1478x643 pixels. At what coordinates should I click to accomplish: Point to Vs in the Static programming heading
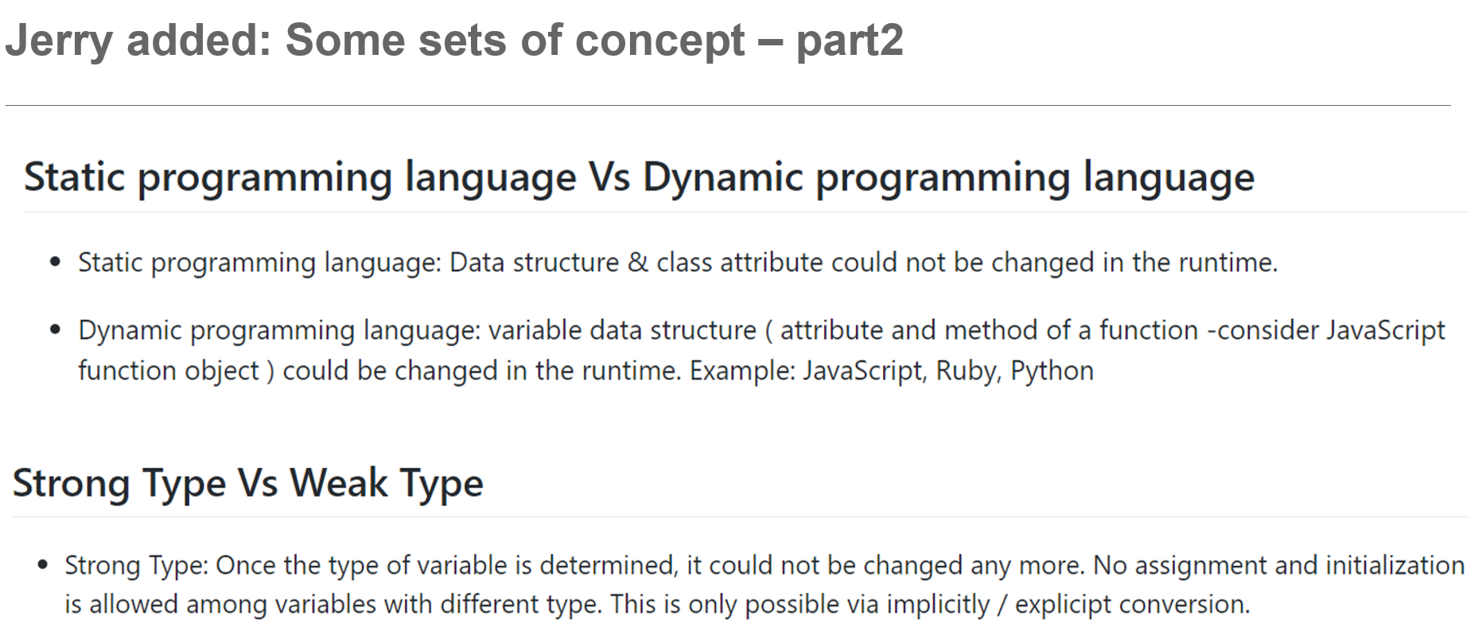coord(609,177)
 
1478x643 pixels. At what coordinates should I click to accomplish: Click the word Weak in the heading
coord(338,483)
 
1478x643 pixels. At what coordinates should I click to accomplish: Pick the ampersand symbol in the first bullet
coord(638,263)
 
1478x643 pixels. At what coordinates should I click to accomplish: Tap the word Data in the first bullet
coord(477,263)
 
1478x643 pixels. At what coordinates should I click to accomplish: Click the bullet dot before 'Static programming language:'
coord(55,262)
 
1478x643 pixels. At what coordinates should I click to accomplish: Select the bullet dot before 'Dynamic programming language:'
coord(55,329)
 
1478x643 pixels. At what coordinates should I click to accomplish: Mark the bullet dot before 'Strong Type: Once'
coord(43,565)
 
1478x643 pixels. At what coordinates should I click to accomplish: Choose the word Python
coord(1052,372)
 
